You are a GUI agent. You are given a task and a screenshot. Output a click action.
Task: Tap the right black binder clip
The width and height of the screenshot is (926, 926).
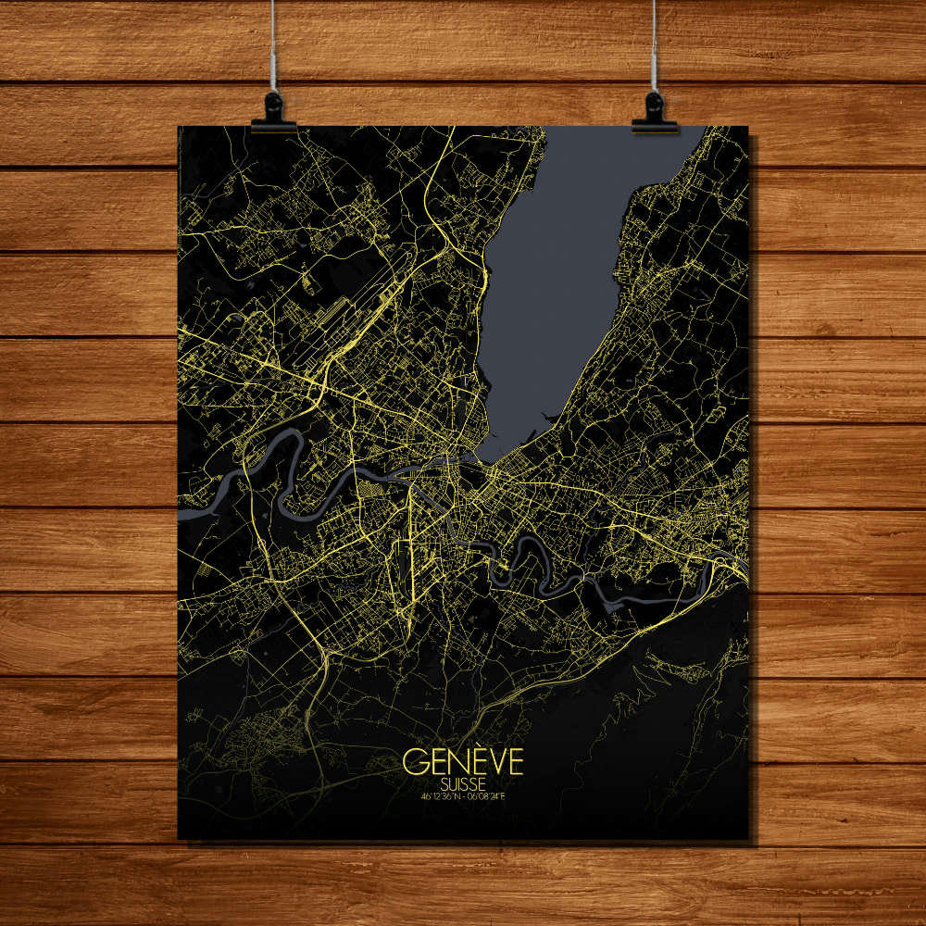(x=655, y=112)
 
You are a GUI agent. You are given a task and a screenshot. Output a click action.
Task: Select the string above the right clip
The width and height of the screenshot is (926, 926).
(x=655, y=46)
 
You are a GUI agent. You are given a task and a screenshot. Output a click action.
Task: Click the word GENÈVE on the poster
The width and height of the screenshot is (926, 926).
(x=463, y=762)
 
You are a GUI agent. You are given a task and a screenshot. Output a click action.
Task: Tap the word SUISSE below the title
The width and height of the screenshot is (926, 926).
(x=463, y=782)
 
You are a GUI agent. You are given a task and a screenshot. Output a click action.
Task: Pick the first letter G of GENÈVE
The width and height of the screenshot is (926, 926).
(x=414, y=762)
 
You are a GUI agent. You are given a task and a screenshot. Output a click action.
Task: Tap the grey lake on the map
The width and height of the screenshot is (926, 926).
(x=556, y=278)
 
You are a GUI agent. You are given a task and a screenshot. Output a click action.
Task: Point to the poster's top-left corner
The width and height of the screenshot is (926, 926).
(x=179, y=128)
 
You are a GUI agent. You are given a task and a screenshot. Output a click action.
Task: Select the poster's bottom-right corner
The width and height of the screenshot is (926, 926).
(x=747, y=839)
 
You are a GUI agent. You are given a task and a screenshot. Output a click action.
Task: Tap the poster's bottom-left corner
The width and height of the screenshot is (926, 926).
(x=179, y=839)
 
